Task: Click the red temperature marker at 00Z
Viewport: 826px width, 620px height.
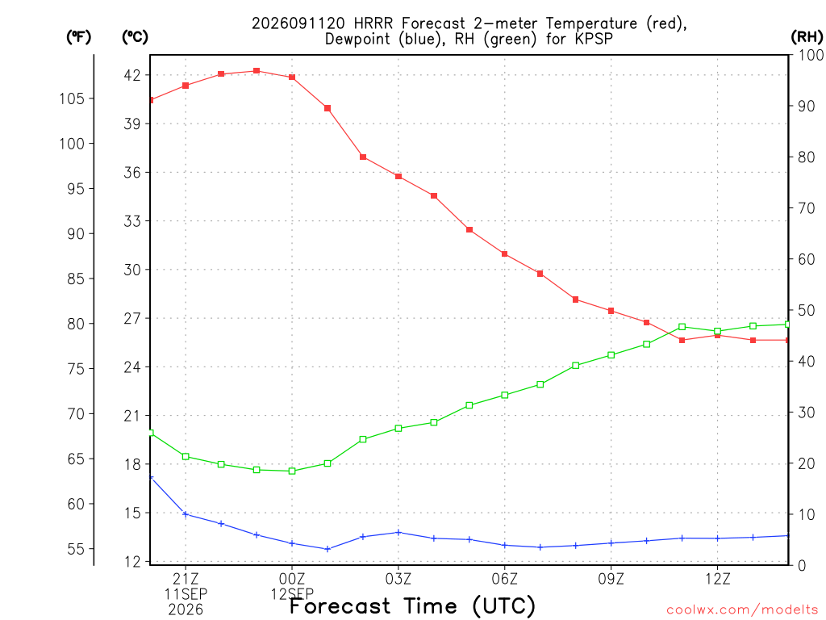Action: pyautogui.click(x=292, y=77)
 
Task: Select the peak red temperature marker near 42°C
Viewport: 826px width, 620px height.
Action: pyautogui.click(x=257, y=71)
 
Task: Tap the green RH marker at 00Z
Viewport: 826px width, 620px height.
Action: pyautogui.click(x=292, y=471)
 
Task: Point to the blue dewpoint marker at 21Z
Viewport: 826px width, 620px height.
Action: pyautogui.click(x=186, y=514)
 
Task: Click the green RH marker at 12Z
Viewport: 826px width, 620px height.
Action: pyautogui.click(x=717, y=331)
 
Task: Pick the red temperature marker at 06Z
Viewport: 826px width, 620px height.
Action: pyautogui.click(x=505, y=254)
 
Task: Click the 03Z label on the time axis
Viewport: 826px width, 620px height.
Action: pyautogui.click(x=398, y=580)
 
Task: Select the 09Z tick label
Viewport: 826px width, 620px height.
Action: pyautogui.click(x=611, y=580)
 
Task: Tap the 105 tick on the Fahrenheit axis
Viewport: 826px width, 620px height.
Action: pyautogui.click(x=72, y=98)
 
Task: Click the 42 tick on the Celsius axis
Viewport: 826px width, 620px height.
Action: pyautogui.click(x=133, y=75)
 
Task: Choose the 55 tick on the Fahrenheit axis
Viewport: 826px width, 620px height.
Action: pyautogui.click(x=76, y=549)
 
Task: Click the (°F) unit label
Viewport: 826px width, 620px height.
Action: pyautogui.click(x=78, y=37)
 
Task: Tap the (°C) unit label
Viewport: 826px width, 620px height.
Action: pyautogui.click(x=135, y=37)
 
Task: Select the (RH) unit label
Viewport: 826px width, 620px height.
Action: pyautogui.click(x=807, y=37)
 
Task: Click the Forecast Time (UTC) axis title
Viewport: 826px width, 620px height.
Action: pyautogui.click(x=412, y=605)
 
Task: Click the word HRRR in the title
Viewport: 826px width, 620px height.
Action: pyautogui.click(x=373, y=23)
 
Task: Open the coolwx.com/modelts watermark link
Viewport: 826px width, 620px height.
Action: pyautogui.click(x=742, y=610)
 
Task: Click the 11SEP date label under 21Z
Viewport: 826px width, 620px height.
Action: pyautogui.click(x=186, y=594)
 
